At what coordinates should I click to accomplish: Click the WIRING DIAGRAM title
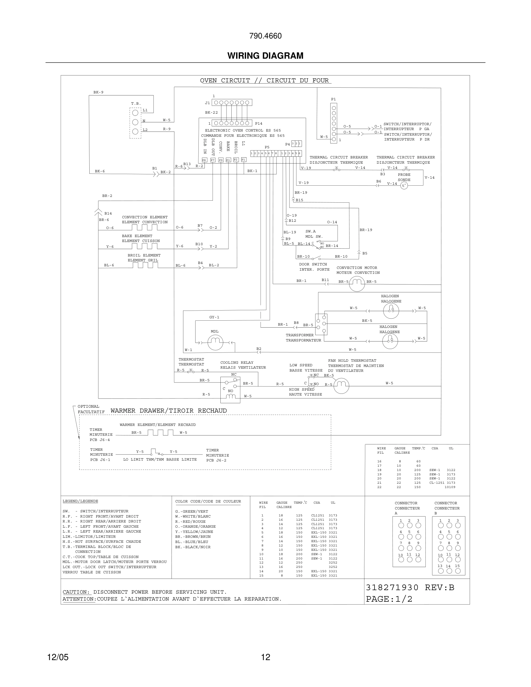coord(265,56)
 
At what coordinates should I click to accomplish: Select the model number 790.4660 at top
coord(265,36)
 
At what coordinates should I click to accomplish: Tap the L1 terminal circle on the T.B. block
coord(135,112)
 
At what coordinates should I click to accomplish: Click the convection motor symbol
coord(357,284)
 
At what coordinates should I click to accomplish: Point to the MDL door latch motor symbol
coord(215,342)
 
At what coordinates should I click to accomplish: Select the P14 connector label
coord(259,124)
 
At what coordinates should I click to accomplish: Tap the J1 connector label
coord(207,103)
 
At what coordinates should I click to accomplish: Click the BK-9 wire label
coord(98,93)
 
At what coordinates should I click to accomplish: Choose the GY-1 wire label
coord(214,317)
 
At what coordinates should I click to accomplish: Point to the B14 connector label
coord(108,213)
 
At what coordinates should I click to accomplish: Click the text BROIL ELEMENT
coord(144,255)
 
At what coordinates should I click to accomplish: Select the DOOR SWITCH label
coord(313,264)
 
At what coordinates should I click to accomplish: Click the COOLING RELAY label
coord(237,362)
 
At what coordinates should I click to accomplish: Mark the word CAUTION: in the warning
coord(76,592)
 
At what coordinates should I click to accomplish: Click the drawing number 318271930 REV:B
coord(410,588)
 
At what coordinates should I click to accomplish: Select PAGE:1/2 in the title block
coord(389,599)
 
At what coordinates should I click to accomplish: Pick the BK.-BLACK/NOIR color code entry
coord(193,547)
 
